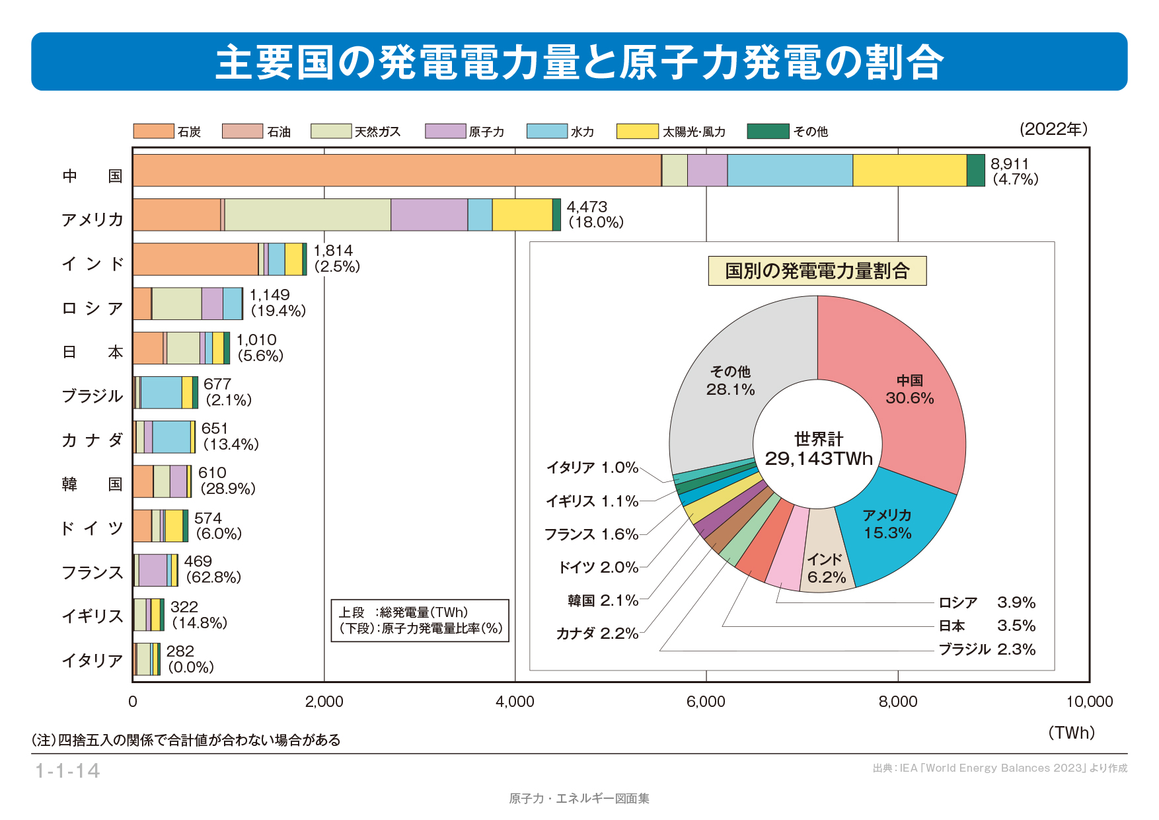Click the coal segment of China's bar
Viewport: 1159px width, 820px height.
point(396,171)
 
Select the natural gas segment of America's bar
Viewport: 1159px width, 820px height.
point(307,215)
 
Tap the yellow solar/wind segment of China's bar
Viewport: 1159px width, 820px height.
point(909,171)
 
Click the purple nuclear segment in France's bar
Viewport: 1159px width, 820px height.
point(153,570)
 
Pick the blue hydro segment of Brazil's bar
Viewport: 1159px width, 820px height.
point(161,392)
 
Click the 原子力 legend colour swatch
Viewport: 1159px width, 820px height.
point(445,131)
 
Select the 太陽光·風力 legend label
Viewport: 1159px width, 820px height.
point(694,132)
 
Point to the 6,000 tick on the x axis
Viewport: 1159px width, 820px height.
point(706,702)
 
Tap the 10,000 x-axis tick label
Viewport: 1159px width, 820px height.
point(1089,702)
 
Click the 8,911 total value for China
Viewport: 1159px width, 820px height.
point(1009,164)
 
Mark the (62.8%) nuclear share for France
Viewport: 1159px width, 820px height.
point(213,577)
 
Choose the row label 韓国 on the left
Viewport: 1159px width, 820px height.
point(92,484)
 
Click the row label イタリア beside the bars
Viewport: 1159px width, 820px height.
point(92,660)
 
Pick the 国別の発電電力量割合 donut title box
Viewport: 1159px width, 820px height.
point(817,271)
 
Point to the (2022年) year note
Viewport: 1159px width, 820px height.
point(1053,129)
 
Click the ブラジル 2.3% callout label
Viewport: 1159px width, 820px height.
point(987,649)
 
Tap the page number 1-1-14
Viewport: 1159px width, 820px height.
point(67,771)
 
